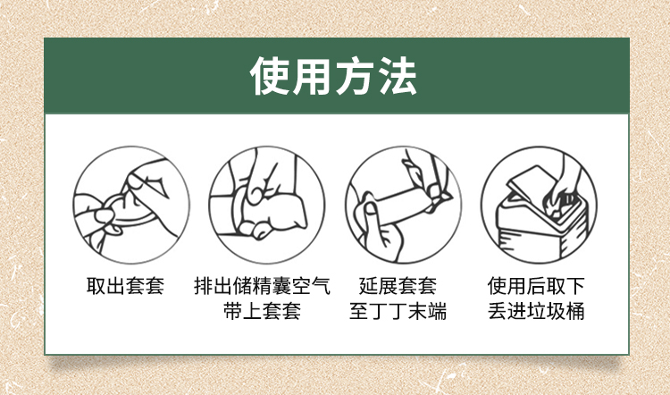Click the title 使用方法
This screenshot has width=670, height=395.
pos(333,76)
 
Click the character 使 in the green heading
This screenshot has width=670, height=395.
pos(269,76)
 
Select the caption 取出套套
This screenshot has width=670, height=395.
pos(125,286)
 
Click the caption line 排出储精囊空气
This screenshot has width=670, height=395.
pos(262,286)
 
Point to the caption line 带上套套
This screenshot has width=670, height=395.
pos(262,311)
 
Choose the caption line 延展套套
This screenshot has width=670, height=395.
pos(398,286)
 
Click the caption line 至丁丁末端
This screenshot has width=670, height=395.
pos(398,311)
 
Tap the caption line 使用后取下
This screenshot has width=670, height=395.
pos(536,286)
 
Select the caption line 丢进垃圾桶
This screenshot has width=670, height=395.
pos(536,311)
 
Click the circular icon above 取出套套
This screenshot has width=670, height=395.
pos(131,206)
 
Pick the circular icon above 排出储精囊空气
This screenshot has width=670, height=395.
pos(267,206)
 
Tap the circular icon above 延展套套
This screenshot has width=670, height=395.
pos(404,206)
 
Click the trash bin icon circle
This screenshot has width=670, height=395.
pos(539,206)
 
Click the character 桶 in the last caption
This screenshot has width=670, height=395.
pos(575,311)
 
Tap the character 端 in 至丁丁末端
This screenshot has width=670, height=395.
pos(437,311)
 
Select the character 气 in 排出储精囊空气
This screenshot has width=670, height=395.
pos(321,286)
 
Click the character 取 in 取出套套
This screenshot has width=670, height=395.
pos(96,286)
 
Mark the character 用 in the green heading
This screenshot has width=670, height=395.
pos(312,76)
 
